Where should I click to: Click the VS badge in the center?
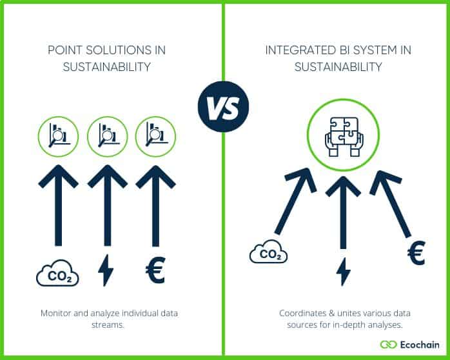tap(223, 106)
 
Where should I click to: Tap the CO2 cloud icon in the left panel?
tap(57, 272)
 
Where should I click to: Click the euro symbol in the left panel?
tap(155, 270)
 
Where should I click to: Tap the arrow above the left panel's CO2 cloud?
tap(59, 205)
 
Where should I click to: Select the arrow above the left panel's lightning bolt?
tap(107, 205)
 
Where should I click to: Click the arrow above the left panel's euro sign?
tap(155, 205)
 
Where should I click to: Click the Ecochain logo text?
tap(419, 345)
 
